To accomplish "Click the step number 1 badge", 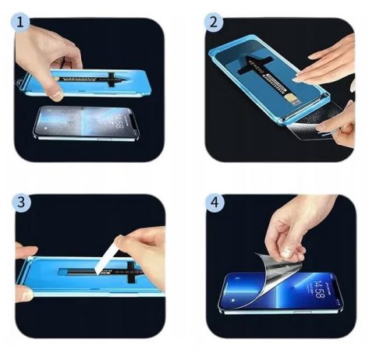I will point(24,24).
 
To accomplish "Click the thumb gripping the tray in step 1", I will point(55,93).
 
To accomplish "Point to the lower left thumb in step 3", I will point(25,294).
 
